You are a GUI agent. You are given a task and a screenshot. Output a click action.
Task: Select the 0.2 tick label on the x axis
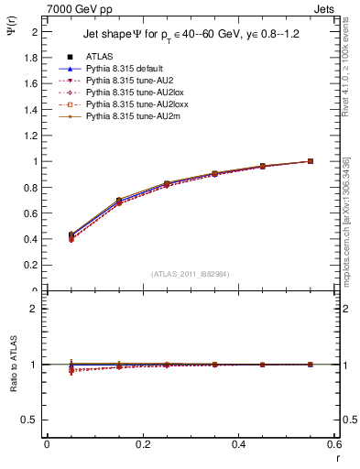[143, 444]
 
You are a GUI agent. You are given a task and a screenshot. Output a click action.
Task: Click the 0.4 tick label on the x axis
[239, 444]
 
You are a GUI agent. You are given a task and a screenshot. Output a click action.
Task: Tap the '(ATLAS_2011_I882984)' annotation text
[191, 273]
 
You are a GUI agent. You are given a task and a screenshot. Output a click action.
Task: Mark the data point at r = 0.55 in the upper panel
[311, 161]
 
